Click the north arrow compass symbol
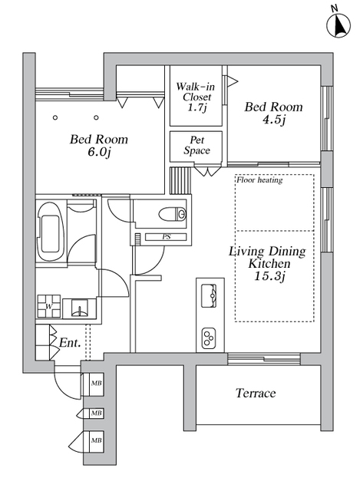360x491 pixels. (339, 25)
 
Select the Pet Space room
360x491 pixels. (197, 147)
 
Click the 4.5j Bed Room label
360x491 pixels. (274, 113)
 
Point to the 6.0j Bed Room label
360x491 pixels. (99, 145)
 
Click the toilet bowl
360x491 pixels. (172, 214)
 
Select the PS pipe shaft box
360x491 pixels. (166, 237)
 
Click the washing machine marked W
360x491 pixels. (49, 307)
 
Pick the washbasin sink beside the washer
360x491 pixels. (79, 308)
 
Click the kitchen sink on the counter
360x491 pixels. (209, 295)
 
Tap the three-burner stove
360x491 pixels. (209, 338)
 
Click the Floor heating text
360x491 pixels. (259, 180)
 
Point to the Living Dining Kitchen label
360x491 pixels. (268, 257)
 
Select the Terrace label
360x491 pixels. (256, 393)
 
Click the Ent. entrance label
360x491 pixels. (70, 343)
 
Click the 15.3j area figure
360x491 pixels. (269, 276)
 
